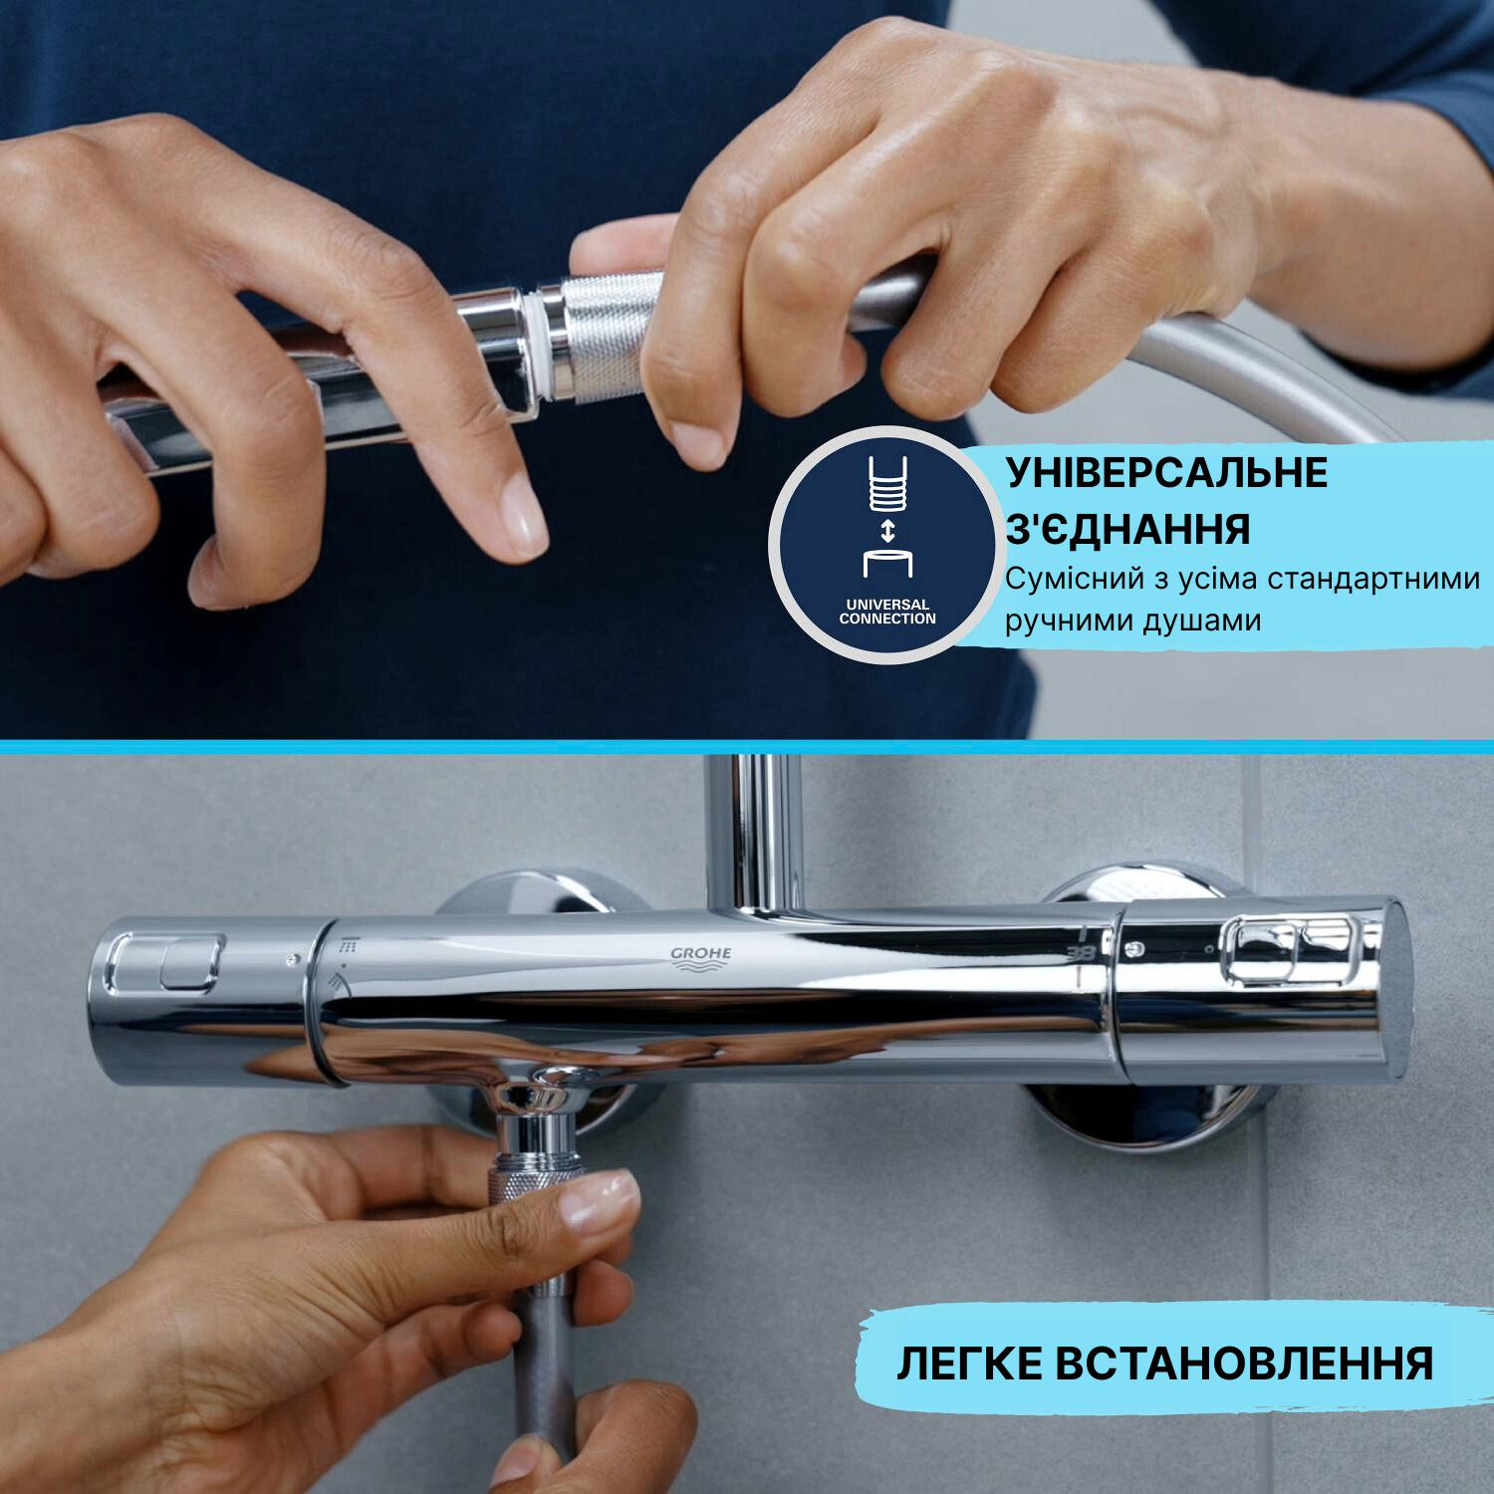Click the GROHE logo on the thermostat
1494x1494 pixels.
pyautogui.click(x=700, y=955)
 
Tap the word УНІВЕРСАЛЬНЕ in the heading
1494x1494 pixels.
pyautogui.click(x=1166, y=474)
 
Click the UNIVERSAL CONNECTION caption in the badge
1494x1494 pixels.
pyautogui.click(x=887, y=612)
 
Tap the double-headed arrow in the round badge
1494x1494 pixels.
pyautogui.click(x=887, y=530)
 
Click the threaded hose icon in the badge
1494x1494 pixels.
pyautogui.click(x=887, y=486)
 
